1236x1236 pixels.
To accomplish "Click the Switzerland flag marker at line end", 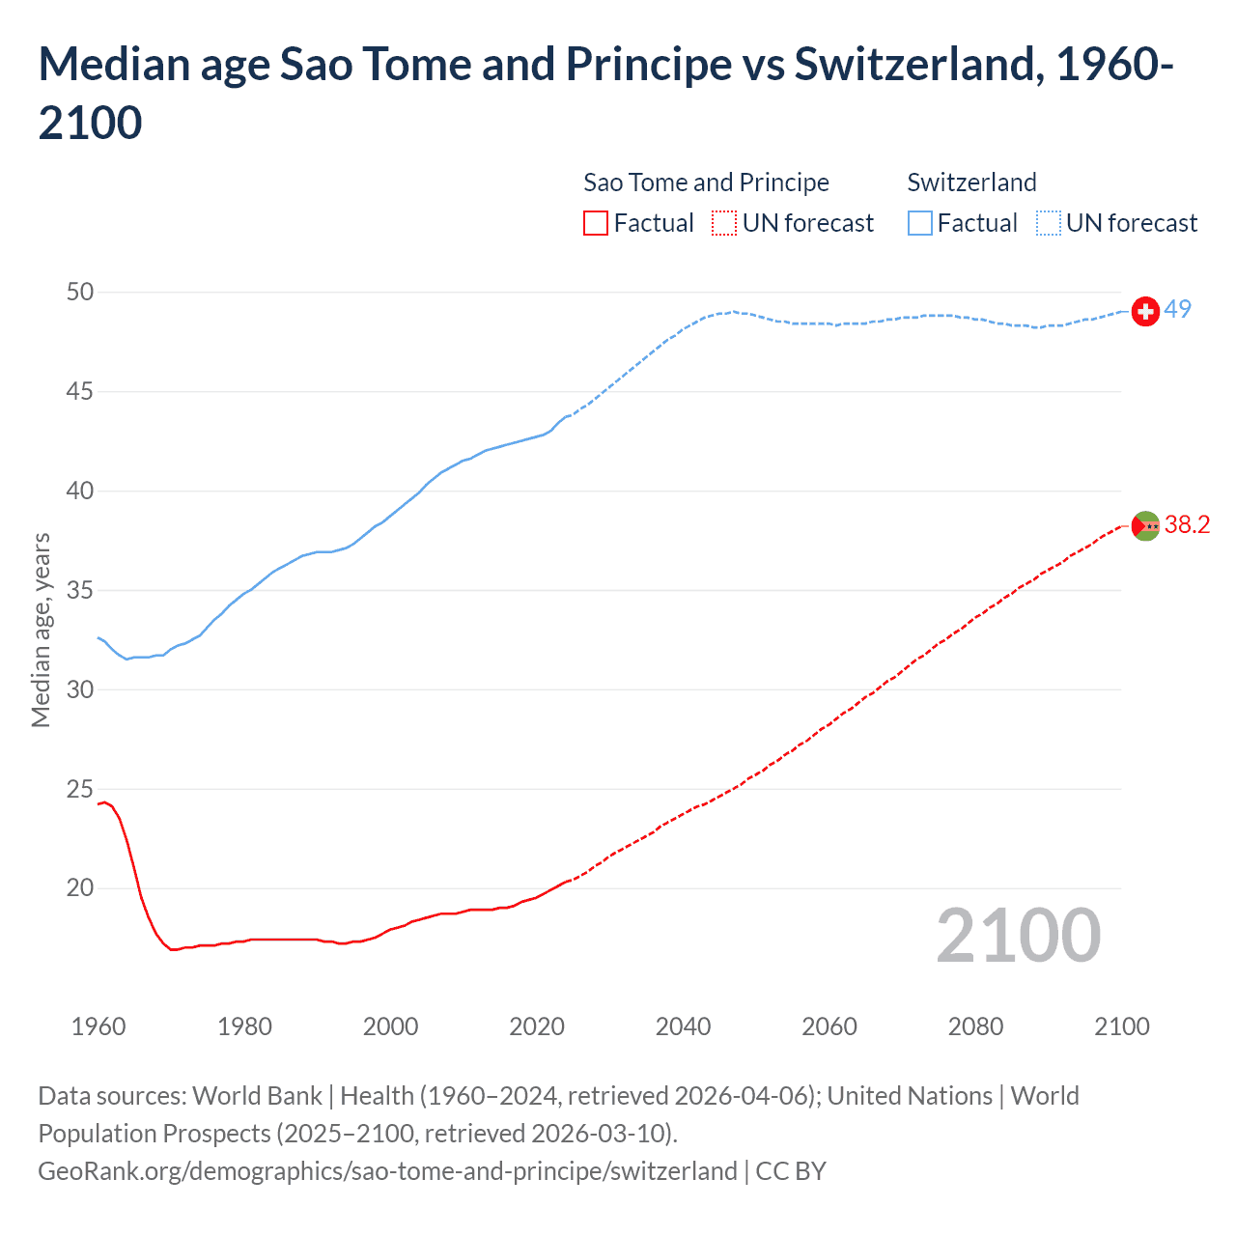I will coord(1145,311).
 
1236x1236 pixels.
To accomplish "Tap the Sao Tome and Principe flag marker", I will coord(1145,525).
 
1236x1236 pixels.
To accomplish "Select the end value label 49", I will coord(1177,309).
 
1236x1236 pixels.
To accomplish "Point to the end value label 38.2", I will coord(1187,524).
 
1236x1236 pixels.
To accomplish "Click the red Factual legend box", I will coord(596,223).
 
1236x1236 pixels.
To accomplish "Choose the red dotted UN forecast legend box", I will coord(724,223).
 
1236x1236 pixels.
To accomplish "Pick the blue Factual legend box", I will coord(920,223).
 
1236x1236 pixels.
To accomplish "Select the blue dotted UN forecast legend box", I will coord(1048,223).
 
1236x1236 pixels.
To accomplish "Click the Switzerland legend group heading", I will coord(971,183).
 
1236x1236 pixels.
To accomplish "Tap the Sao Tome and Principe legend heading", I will coord(706,183).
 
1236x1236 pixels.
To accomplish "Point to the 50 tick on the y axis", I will coord(80,292).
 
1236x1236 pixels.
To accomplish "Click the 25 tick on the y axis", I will coord(80,789).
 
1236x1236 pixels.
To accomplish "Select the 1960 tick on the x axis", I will coord(98,1025).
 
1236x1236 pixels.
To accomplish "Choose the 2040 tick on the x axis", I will coord(683,1025).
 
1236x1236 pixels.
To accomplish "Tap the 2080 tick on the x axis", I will coord(975,1025).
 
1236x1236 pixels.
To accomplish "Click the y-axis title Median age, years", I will coord(41,630).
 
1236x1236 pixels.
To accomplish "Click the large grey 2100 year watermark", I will coord(1018,935).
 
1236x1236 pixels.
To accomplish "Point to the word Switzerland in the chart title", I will coord(918,64).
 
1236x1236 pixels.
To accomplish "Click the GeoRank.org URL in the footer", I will coord(387,1170).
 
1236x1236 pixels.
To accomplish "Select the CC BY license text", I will coord(791,1170).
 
